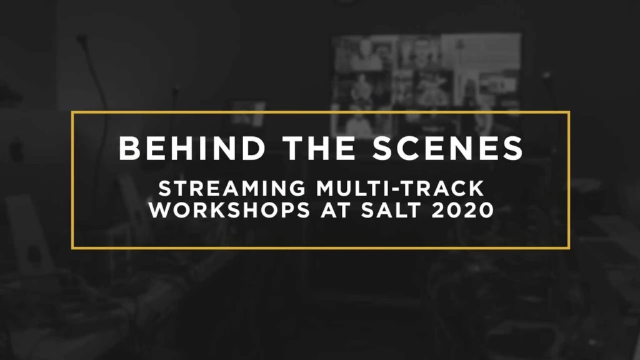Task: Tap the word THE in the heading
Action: point(319,148)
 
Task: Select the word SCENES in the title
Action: point(446,148)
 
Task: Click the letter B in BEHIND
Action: point(127,148)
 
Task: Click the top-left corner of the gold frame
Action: point(72,113)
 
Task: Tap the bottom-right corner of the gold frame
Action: point(569,247)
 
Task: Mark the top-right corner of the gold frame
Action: point(569,113)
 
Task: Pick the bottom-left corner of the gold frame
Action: point(72,247)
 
